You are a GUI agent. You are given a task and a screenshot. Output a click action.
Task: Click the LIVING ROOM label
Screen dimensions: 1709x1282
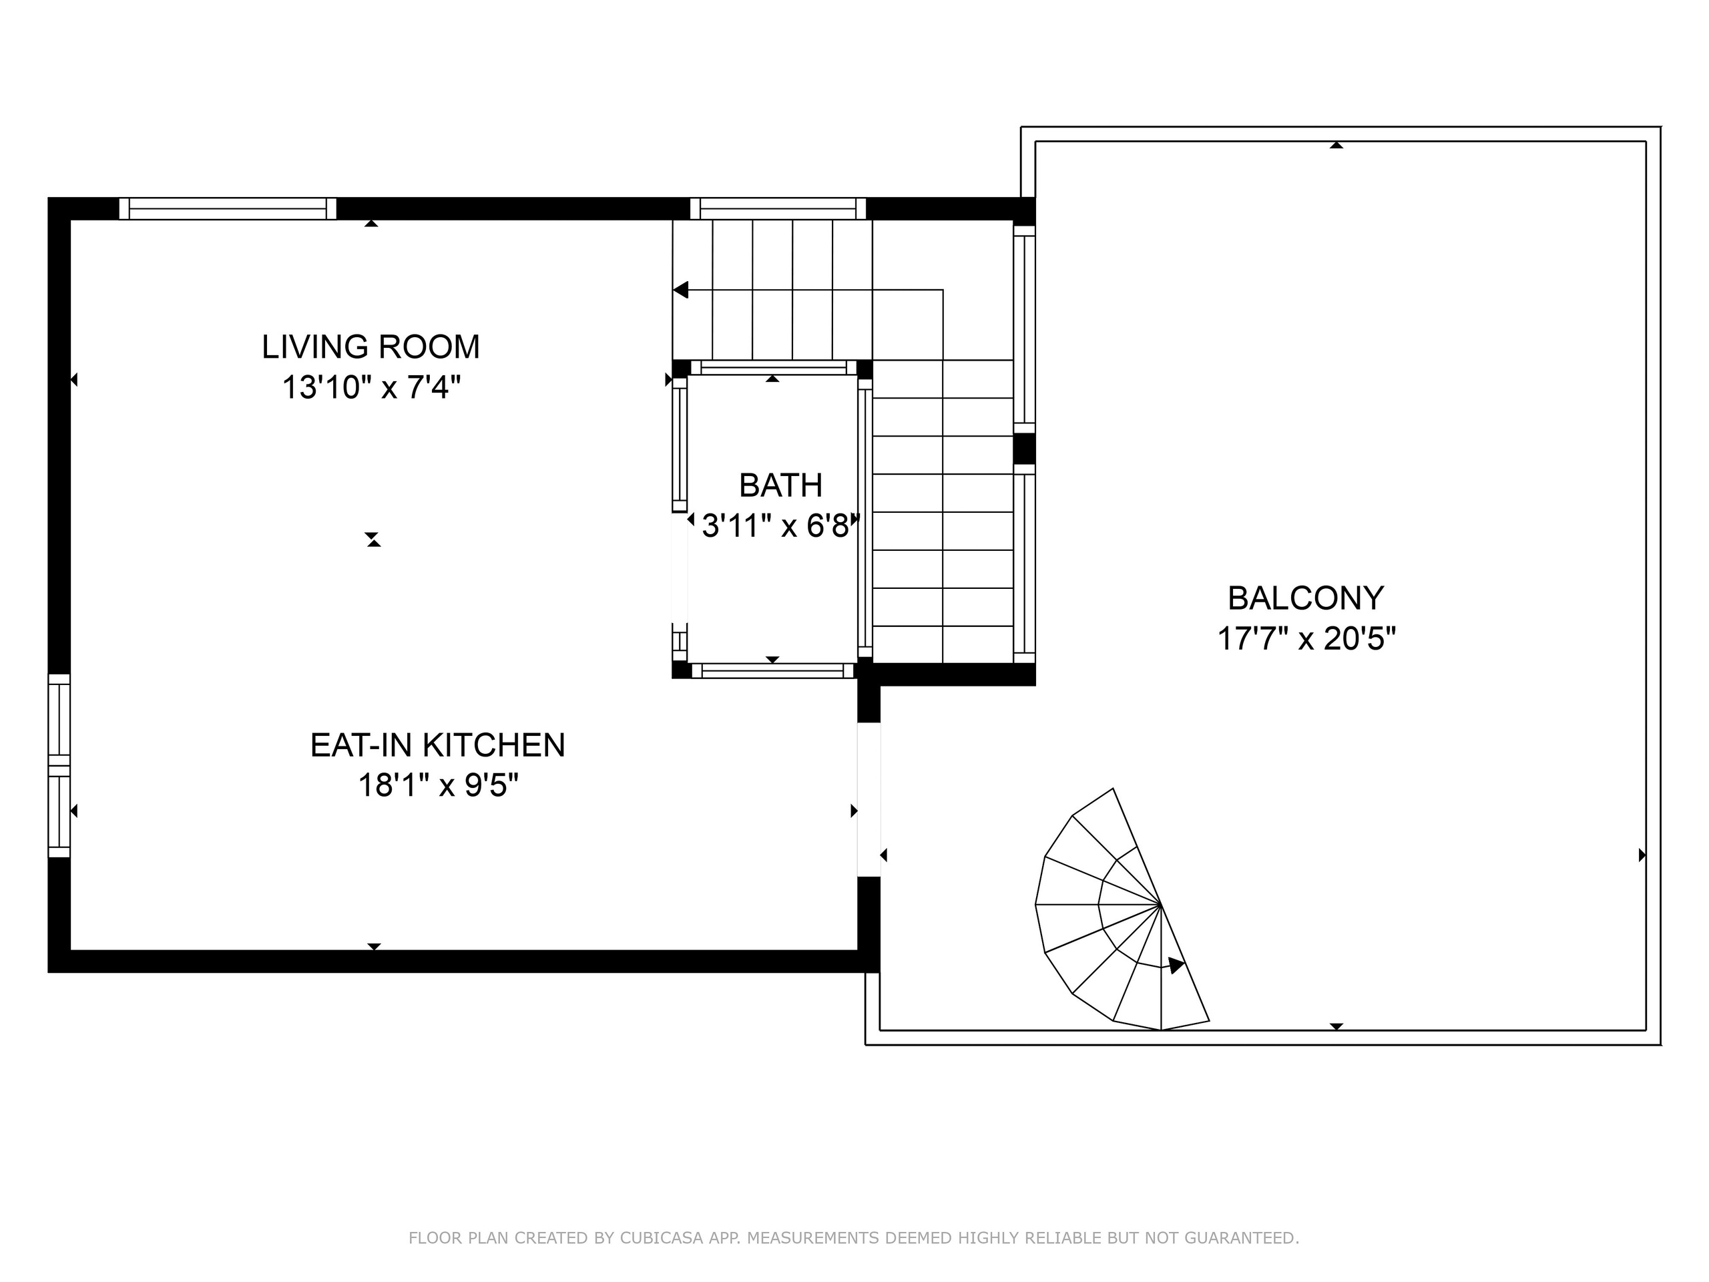(371, 347)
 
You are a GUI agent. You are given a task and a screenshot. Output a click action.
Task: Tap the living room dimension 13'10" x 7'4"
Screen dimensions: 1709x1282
(371, 387)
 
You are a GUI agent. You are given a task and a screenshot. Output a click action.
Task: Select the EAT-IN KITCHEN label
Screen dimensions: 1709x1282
(438, 745)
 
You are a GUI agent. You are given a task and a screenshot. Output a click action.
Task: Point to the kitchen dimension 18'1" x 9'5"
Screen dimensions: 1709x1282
(438, 786)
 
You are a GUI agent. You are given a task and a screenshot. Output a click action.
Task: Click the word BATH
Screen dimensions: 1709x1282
(780, 485)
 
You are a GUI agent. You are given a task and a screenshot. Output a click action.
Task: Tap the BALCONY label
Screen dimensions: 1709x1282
(1306, 598)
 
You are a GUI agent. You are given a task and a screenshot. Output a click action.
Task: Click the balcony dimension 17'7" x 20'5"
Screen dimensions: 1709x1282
(1306, 639)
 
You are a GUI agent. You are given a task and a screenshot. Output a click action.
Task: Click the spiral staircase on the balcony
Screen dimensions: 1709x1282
(1122, 909)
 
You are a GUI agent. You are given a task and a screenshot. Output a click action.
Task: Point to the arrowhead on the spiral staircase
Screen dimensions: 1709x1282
(1175, 965)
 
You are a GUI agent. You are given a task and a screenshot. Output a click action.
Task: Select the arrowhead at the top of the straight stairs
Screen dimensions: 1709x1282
(681, 290)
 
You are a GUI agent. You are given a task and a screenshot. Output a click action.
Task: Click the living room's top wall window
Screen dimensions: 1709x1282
(228, 208)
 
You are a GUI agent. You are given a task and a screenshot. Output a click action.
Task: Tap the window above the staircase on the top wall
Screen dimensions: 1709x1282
(778, 208)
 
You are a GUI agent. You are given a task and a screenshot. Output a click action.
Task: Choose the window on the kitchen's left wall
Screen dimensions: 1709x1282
(59, 766)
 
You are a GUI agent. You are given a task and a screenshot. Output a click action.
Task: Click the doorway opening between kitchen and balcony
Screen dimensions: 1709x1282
(869, 799)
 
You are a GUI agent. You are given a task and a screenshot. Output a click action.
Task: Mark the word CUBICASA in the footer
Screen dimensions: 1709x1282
(662, 1238)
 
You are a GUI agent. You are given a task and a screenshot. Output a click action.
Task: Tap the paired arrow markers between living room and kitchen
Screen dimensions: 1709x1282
(374, 540)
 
